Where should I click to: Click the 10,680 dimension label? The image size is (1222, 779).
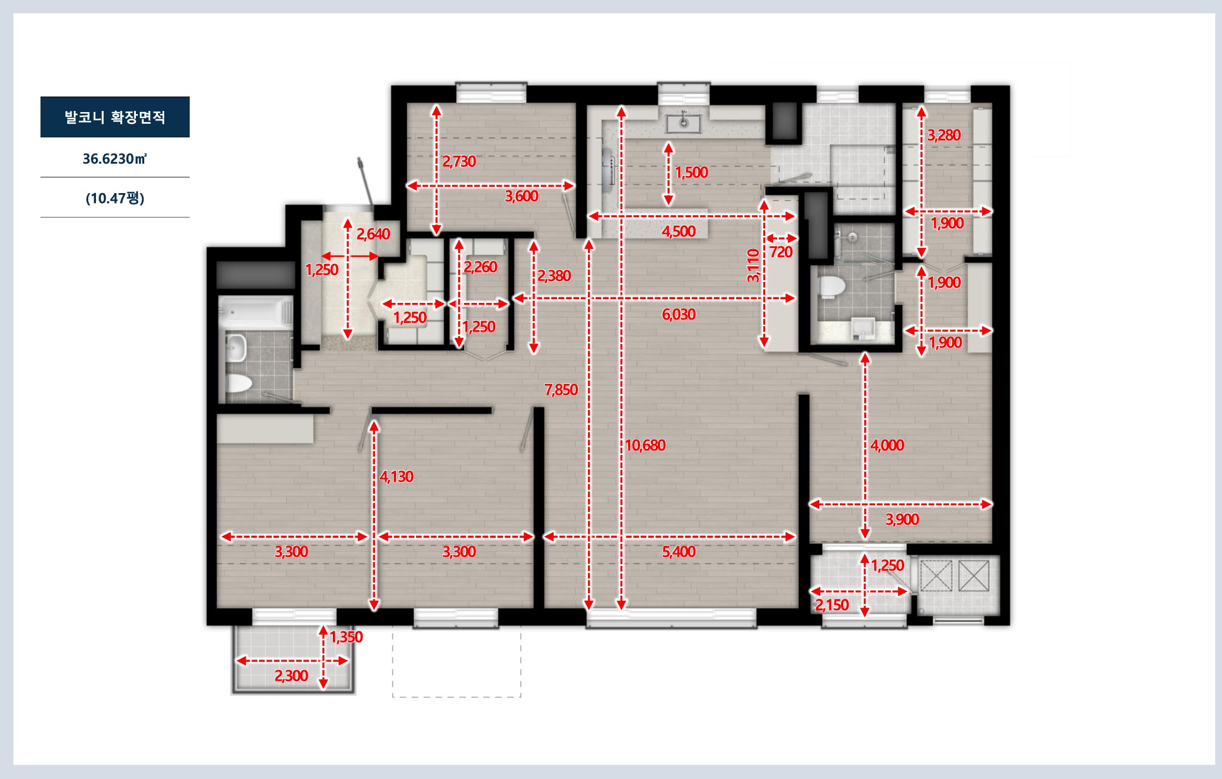tap(645, 445)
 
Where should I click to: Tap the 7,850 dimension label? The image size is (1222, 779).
tap(561, 389)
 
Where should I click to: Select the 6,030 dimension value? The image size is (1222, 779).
tap(678, 315)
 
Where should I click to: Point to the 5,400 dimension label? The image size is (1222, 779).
tap(678, 552)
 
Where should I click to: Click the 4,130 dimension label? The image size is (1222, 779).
tap(397, 477)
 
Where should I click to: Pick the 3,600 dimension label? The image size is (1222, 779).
tap(521, 196)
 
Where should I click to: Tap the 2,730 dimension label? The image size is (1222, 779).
tap(459, 161)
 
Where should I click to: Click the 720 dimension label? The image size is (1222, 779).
tap(781, 252)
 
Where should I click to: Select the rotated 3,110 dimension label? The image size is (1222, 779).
tap(753, 265)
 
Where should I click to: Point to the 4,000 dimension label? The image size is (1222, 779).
tap(887, 445)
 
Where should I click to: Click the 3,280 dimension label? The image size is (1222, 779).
tap(944, 135)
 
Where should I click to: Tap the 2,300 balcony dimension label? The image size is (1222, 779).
tap(291, 676)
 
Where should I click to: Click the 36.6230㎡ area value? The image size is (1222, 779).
tap(115, 159)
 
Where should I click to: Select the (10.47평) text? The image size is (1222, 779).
tap(115, 198)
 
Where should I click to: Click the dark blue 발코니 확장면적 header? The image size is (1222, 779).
tap(115, 117)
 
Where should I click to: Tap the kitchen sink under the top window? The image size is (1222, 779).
tap(684, 123)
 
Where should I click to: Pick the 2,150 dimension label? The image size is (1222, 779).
tap(832, 605)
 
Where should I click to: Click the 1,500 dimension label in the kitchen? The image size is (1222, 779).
tap(692, 172)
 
